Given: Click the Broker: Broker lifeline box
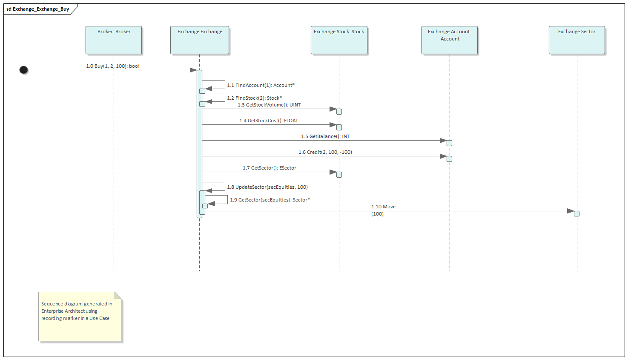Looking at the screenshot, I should [114, 40].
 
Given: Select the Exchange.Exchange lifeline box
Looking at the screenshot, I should [200, 40].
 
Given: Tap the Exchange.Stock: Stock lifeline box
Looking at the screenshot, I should [339, 40].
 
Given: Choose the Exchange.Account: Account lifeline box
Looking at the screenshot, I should [450, 40].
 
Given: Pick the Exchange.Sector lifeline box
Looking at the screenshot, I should [577, 40].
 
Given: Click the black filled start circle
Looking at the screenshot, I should [24, 70].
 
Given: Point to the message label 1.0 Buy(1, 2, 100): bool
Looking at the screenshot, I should [112, 66].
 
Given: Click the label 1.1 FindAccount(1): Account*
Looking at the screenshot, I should [261, 85].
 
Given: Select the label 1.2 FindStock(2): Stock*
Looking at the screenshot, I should [254, 98].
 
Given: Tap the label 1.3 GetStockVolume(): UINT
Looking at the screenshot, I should [269, 105].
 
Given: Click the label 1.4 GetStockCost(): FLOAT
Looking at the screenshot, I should [269, 121].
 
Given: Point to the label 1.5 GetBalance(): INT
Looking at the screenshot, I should [325, 136].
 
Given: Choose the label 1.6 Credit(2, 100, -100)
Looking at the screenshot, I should [325, 152].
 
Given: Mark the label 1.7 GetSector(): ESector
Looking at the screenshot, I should [270, 168].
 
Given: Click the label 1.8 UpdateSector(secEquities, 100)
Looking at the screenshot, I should [267, 187].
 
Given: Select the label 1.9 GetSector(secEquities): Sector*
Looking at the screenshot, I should [270, 200].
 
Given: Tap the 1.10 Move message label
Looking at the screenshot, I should [383, 207].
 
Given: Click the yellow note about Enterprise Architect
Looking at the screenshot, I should [80, 317].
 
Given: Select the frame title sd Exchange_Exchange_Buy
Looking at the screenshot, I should [38, 9].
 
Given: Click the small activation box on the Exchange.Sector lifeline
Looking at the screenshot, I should [576, 213].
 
